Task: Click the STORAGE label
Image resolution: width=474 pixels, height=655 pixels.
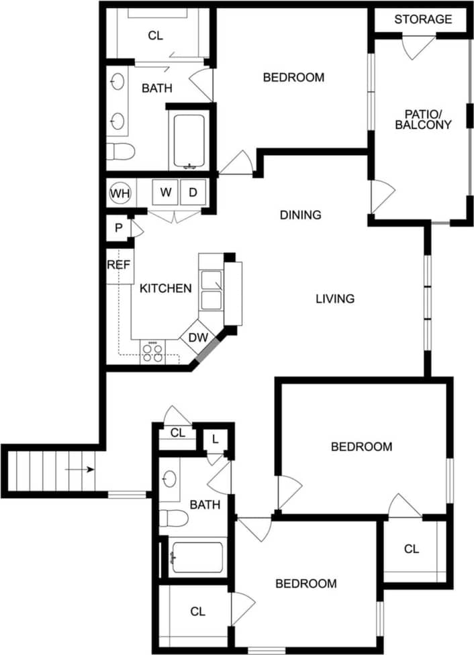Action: tap(423, 19)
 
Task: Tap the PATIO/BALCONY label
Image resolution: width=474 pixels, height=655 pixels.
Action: tap(423, 119)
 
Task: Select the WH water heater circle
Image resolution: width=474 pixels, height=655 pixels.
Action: tap(120, 193)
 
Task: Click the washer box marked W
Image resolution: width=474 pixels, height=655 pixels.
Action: tap(165, 193)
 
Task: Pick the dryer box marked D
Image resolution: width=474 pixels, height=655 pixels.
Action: tap(193, 193)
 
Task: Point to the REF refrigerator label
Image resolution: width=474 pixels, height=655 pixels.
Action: tap(118, 265)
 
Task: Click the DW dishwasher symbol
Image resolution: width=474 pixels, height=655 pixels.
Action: tap(197, 338)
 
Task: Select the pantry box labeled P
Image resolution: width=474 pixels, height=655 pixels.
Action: tap(118, 228)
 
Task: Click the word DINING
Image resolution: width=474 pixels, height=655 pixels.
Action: tap(300, 215)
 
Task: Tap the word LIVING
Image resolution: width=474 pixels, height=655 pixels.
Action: tap(335, 299)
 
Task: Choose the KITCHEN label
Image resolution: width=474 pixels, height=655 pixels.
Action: tap(166, 289)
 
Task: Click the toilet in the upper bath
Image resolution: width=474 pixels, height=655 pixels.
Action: tap(120, 150)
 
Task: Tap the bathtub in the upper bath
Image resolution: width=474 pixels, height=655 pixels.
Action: tap(189, 140)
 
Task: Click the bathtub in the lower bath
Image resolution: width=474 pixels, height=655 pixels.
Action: tap(196, 557)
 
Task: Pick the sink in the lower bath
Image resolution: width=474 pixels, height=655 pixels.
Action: tap(170, 479)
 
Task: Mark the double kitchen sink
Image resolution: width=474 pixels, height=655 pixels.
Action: tap(211, 290)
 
